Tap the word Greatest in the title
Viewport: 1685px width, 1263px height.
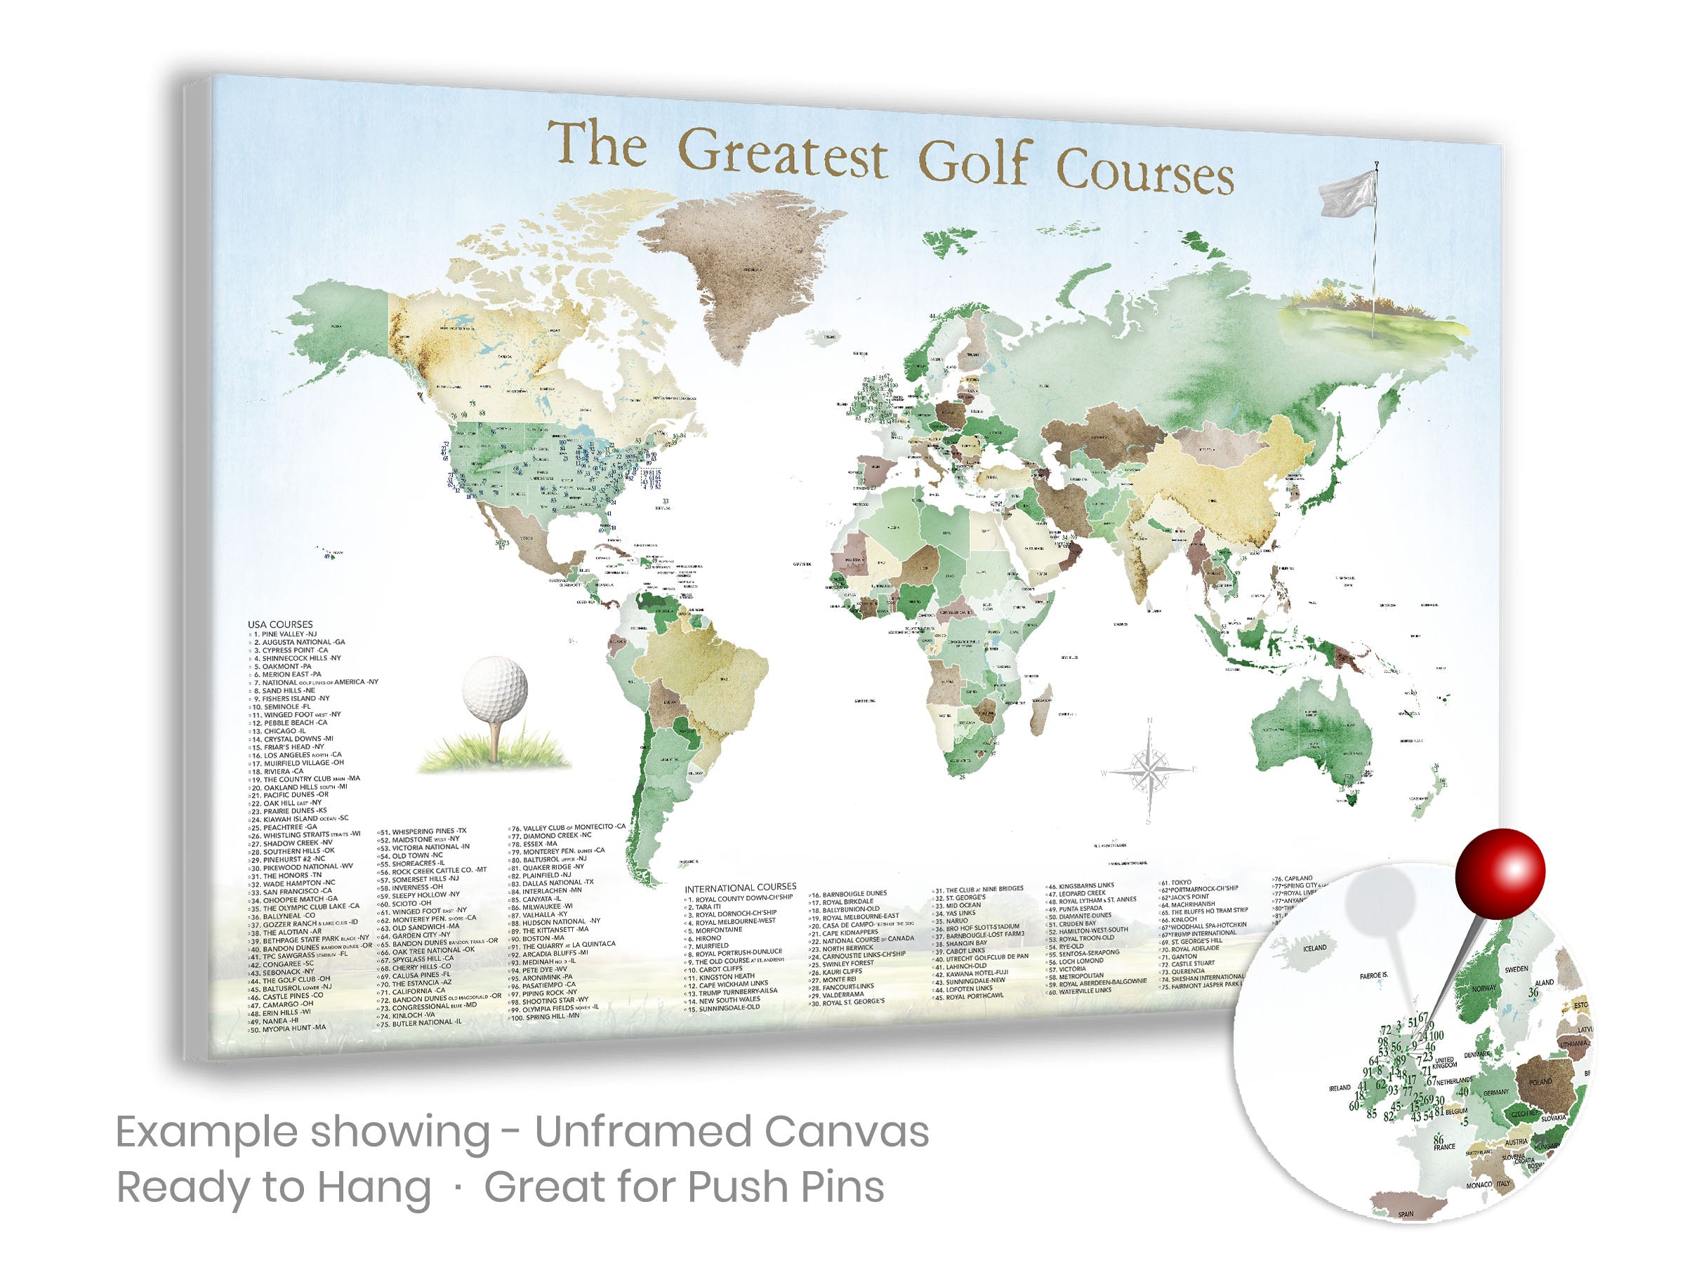[x=782, y=152]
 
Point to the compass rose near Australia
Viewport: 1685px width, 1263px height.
[x=1149, y=770]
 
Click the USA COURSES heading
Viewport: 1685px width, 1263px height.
[x=279, y=624]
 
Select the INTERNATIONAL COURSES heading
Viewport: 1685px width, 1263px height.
[x=740, y=888]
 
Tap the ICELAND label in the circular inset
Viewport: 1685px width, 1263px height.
[x=1315, y=949]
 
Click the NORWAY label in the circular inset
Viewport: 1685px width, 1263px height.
[x=1484, y=988]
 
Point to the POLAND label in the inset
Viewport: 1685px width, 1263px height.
[x=1540, y=1082]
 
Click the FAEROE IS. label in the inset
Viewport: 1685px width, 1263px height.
[x=1373, y=975]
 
